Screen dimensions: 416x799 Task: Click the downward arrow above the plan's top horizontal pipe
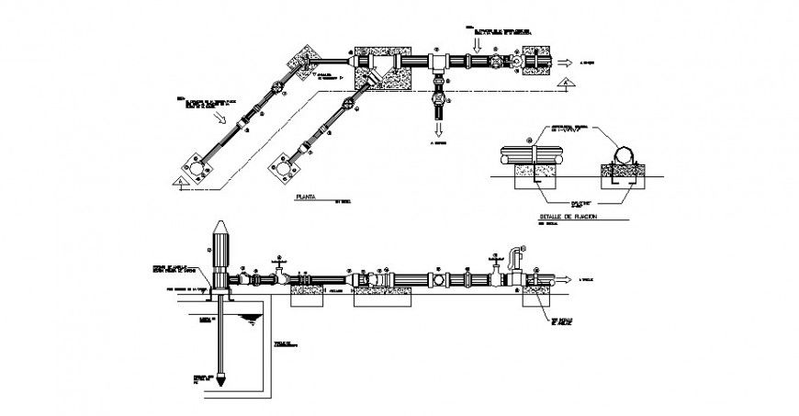click(x=476, y=41)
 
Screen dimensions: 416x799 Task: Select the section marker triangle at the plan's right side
click(x=569, y=84)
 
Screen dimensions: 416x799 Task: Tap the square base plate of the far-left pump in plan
click(x=195, y=167)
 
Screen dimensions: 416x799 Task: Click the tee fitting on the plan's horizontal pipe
click(x=439, y=63)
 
